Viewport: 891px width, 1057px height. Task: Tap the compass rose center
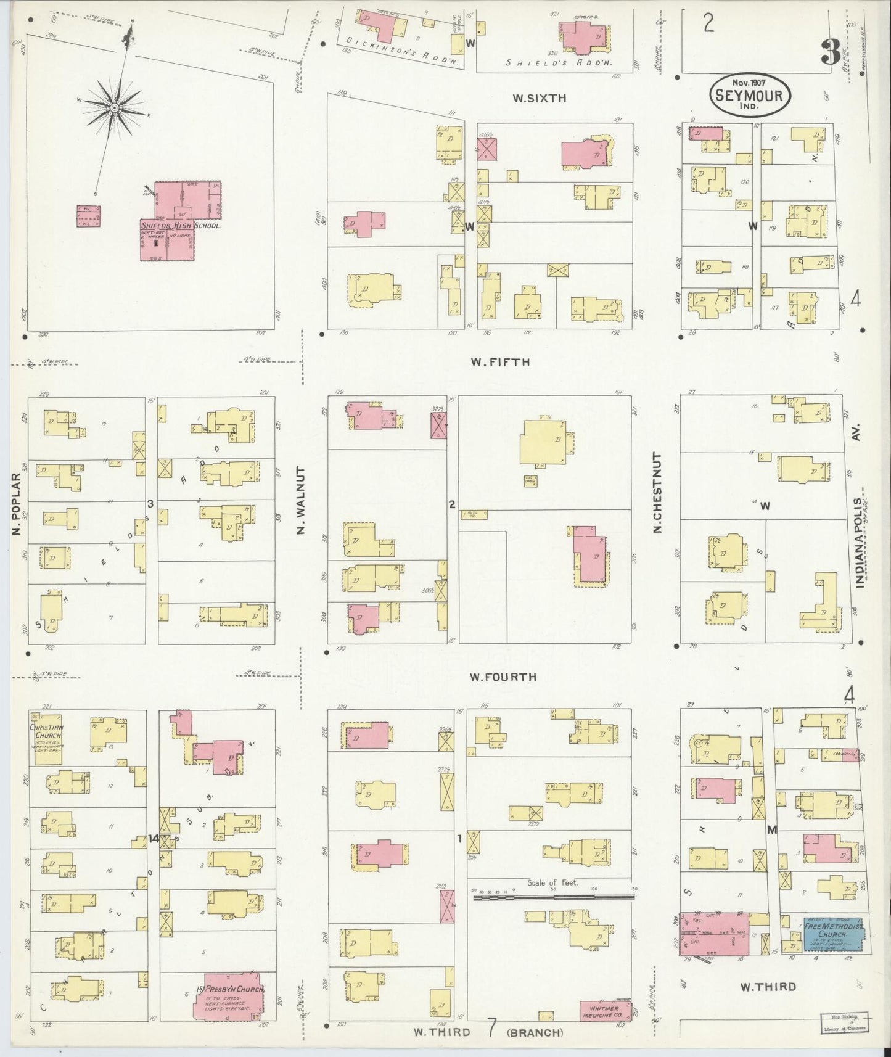click(x=115, y=108)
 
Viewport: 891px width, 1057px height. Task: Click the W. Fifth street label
click(x=500, y=362)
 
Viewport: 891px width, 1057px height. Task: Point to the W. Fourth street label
click(x=503, y=677)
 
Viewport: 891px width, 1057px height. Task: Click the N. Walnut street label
click(x=302, y=500)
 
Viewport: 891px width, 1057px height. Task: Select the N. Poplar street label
click(x=18, y=504)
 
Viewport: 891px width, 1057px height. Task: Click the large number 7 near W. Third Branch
click(x=492, y=1028)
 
